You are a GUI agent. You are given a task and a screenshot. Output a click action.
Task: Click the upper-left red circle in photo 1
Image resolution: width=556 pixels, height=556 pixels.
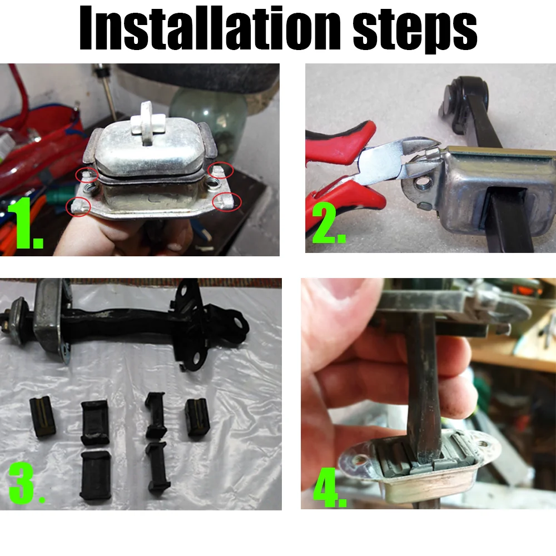coord(87,175)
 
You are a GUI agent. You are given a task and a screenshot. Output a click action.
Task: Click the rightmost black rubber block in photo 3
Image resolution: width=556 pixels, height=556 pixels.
coord(196,419)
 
